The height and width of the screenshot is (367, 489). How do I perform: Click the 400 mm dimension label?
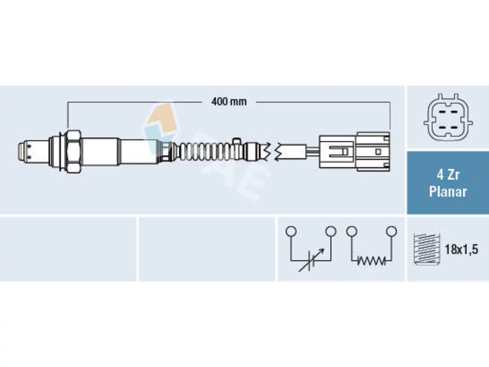pos(229,102)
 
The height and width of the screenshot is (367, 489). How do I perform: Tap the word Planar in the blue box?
pos(448,192)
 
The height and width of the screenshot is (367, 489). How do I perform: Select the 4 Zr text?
pos(448,175)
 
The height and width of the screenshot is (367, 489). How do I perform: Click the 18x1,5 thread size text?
pos(461,249)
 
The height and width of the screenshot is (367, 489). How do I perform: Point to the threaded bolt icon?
pos(427,249)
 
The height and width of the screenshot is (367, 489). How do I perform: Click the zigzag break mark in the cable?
pos(273,151)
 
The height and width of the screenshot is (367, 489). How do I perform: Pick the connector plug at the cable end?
pos(355,152)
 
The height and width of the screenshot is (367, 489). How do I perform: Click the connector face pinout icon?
pos(448,117)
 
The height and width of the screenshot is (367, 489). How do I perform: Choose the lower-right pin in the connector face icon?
pos(455,128)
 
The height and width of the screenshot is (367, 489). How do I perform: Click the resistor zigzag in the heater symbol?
pos(371,261)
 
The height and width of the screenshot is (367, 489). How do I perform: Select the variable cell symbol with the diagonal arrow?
pos(311,260)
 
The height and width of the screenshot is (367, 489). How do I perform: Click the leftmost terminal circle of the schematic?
pos(291,231)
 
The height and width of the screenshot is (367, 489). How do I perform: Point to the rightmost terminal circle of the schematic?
pos(392,231)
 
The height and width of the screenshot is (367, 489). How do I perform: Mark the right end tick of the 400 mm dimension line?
pos(390,115)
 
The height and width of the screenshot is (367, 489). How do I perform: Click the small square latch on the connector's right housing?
pos(378,152)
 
